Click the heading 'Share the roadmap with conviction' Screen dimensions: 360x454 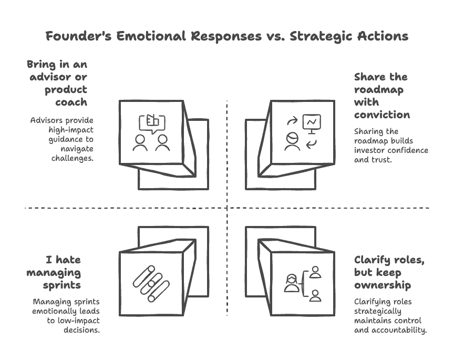[x=381, y=95]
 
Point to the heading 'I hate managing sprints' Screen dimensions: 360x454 [x=61, y=272]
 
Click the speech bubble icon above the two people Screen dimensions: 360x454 [x=151, y=123]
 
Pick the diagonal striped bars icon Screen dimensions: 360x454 [x=151, y=284]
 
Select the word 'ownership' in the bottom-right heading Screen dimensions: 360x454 [x=382, y=285]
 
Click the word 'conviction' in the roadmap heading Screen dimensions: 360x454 [x=382, y=114]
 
